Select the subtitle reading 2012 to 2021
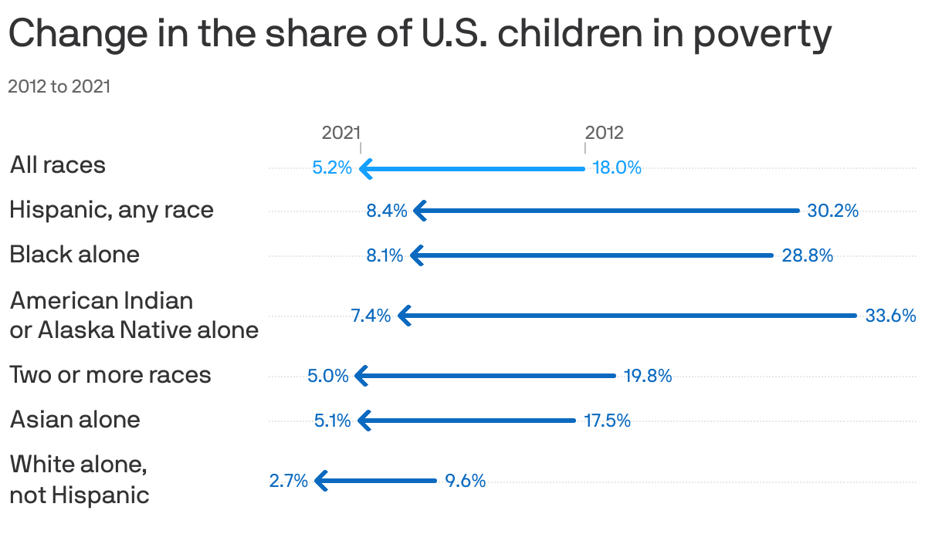(x=59, y=86)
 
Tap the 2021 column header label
(x=341, y=133)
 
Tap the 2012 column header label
(x=604, y=133)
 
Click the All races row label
(x=58, y=165)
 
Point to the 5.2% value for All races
(x=332, y=167)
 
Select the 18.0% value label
(x=617, y=167)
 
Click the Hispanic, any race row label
(x=111, y=210)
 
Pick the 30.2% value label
(x=832, y=210)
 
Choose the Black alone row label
(x=74, y=255)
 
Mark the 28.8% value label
(x=807, y=255)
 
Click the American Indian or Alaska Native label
(x=134, y=315)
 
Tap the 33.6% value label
(x=890, y=315)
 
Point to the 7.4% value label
(x=371, y=315)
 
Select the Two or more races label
(x=110, y=375)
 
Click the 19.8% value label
(x=647, y=376)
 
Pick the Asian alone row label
(x=75, y=420)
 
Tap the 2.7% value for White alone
(x=288, y=481)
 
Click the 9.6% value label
(x=465, y=481)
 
